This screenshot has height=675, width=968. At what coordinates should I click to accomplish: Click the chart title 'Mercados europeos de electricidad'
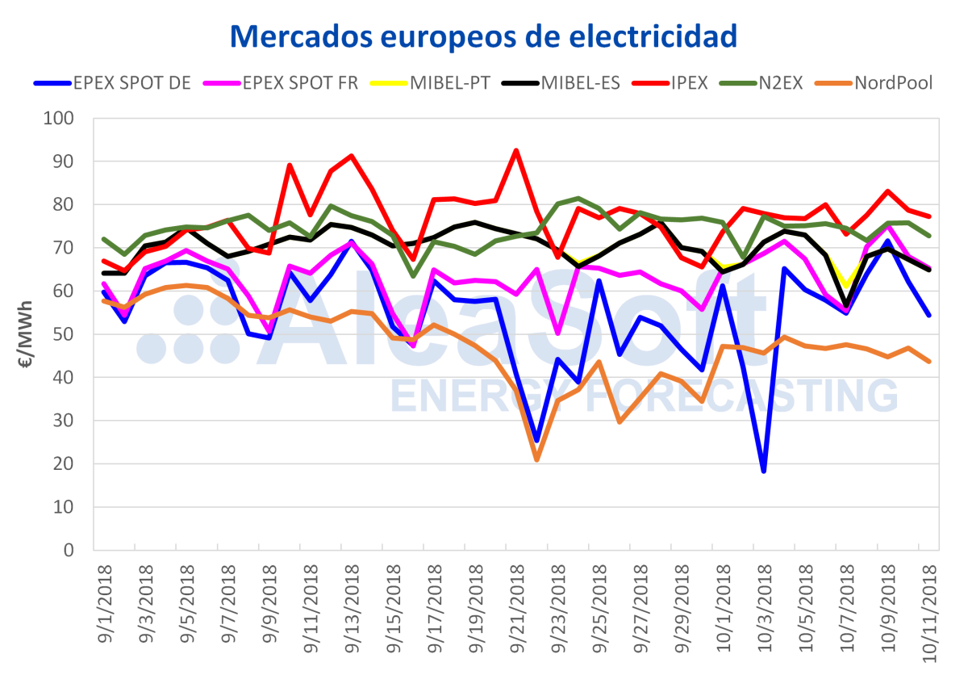[484, 35]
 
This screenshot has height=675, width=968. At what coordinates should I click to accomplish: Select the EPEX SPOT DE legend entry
[113, 83]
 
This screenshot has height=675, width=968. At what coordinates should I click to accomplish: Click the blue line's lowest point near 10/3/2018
[763, 471]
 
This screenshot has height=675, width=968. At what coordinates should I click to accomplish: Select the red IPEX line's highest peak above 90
[515, 150]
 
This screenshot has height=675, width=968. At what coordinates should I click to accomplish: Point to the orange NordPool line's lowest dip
[536, 459]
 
